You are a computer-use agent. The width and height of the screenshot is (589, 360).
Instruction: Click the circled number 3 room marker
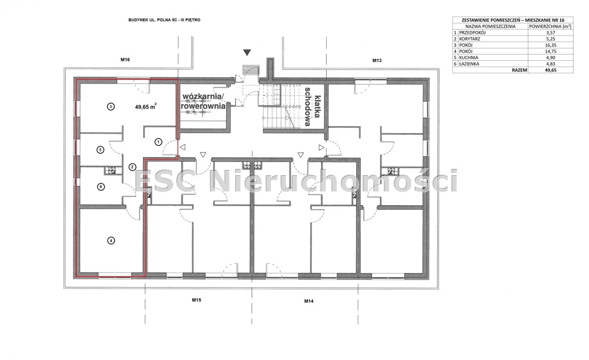tap(111, 107)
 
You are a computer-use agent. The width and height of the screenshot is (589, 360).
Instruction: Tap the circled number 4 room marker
tap(111, 240)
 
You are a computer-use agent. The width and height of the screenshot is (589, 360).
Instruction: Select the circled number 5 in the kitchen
tap(100, 150)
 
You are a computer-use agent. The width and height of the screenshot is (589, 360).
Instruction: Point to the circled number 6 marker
tap(101, 187)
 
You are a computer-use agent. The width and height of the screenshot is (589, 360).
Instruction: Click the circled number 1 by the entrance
tap(158, 142)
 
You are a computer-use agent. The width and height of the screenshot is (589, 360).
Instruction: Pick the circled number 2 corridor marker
tap(133, 167)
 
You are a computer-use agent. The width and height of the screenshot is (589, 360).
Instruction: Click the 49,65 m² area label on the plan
tap(146, 106)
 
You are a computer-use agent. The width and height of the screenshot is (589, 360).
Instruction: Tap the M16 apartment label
tap(125, 60)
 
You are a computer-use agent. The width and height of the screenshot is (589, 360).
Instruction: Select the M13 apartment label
tap(377, 60)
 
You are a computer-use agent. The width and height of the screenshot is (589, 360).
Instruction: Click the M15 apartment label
tap(196, 300)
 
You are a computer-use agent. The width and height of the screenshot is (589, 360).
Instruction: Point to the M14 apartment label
tap(309, 301)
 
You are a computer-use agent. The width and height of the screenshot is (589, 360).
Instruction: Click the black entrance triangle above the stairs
tap(247, 52)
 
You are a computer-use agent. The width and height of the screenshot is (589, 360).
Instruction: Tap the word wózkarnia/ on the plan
tap(203, 97)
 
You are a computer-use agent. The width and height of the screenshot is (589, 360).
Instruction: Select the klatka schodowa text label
tap(312, 107)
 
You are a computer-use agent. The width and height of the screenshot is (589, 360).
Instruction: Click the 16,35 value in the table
tap(550, 45)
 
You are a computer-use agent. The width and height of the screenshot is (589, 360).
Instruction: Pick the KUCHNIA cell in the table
tap(468, 58)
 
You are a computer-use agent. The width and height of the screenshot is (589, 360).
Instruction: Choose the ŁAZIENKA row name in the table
tap(469, 64)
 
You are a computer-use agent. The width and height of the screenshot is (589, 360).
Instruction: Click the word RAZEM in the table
tap(520, 70)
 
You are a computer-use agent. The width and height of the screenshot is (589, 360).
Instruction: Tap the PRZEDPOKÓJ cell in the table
tap(472, 33)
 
